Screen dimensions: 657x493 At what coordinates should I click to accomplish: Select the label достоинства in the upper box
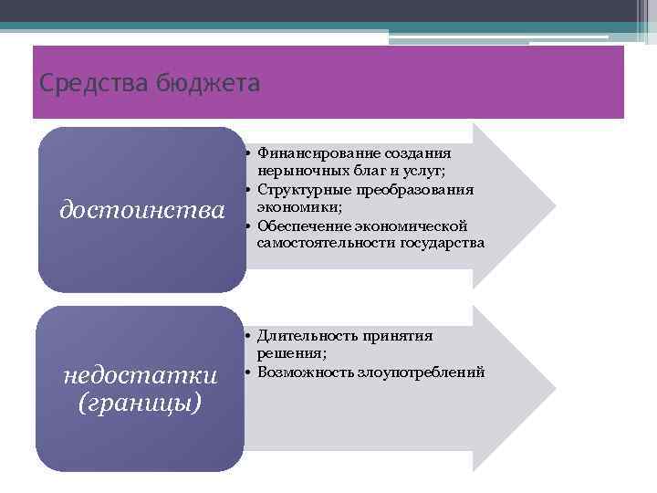[x=141, y=210]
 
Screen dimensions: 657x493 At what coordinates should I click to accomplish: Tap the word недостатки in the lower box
[x=140, y=375]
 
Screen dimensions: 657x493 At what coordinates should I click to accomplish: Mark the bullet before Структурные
[x=248, y=189]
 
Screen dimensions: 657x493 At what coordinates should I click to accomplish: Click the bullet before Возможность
[x=248, y=372]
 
